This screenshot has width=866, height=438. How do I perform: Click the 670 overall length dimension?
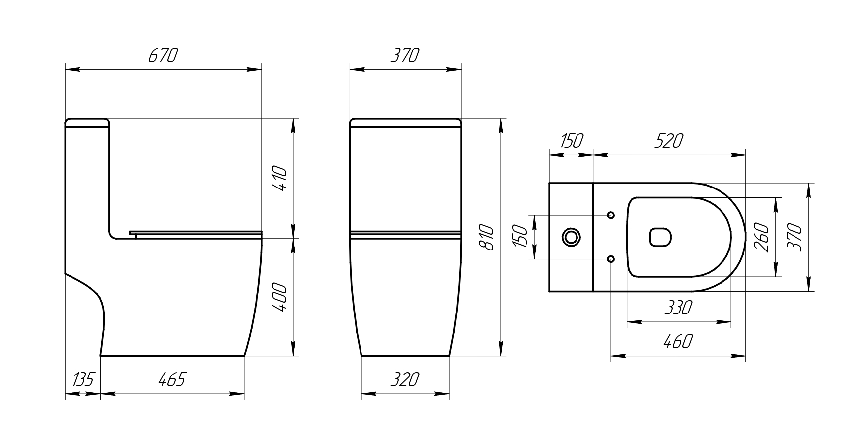click(163, 56)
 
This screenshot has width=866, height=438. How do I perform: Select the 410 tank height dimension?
click(280, 179)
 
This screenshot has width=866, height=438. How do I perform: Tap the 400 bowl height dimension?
click(280, 297)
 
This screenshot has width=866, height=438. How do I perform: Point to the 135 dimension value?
click(82, 380)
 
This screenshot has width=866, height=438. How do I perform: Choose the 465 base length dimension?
click(172, 380)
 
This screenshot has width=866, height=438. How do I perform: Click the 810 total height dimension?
click(488, 237)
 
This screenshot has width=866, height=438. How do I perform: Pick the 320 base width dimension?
click(405, 380)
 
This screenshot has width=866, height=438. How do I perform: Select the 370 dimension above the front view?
click(405, 56)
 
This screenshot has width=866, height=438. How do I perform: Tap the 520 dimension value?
click(669, 141)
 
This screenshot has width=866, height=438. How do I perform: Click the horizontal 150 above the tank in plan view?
click(571, 141)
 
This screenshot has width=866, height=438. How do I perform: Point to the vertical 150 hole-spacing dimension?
click(520, 237)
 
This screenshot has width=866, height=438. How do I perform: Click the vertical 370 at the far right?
click(795, 237)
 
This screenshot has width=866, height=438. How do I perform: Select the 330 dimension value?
click(678, 308)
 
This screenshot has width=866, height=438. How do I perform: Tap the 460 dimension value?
click(678, 341)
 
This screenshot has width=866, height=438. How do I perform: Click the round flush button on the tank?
click(571, 237)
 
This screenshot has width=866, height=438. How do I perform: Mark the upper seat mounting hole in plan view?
click(611, 215)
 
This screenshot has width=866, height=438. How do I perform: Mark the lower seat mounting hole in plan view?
click(611, 259)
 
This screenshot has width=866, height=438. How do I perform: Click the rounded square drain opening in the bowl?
click(660, 237)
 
